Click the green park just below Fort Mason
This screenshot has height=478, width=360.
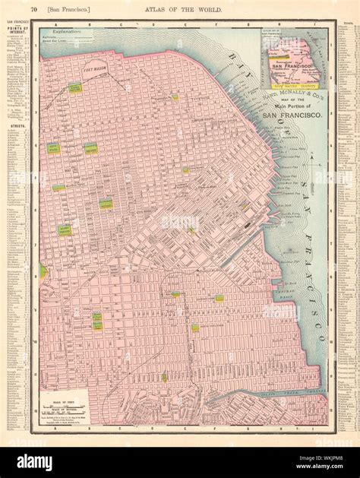pyautogui.click(x=75, y=88)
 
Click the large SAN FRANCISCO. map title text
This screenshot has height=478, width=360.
pyautogui.click(x=291, y=115)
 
